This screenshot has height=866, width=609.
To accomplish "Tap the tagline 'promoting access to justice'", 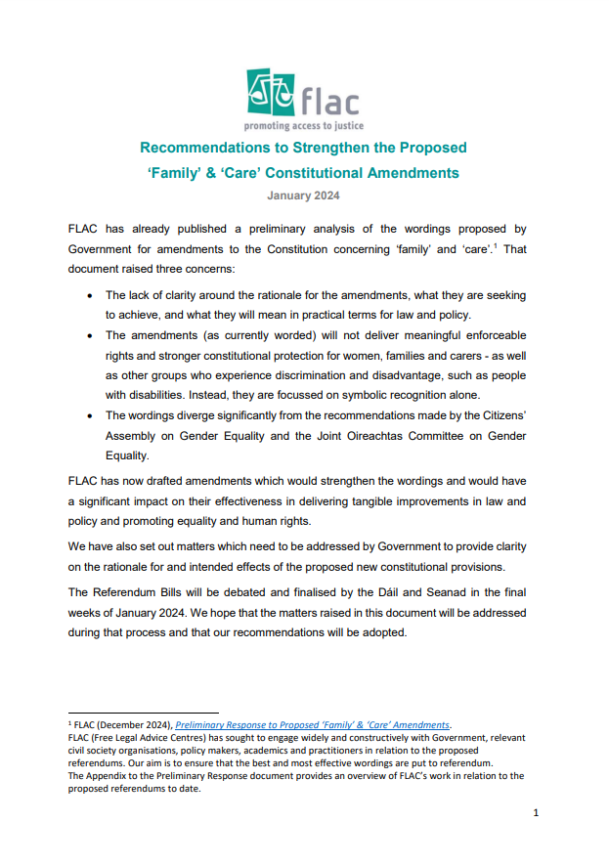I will point(303,126).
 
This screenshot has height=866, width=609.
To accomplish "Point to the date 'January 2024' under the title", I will point(303,196).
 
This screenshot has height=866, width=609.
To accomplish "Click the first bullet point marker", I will point(91,294).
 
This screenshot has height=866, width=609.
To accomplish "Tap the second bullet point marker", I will point(91,334).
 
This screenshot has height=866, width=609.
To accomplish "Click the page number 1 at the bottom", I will point(536,812).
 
